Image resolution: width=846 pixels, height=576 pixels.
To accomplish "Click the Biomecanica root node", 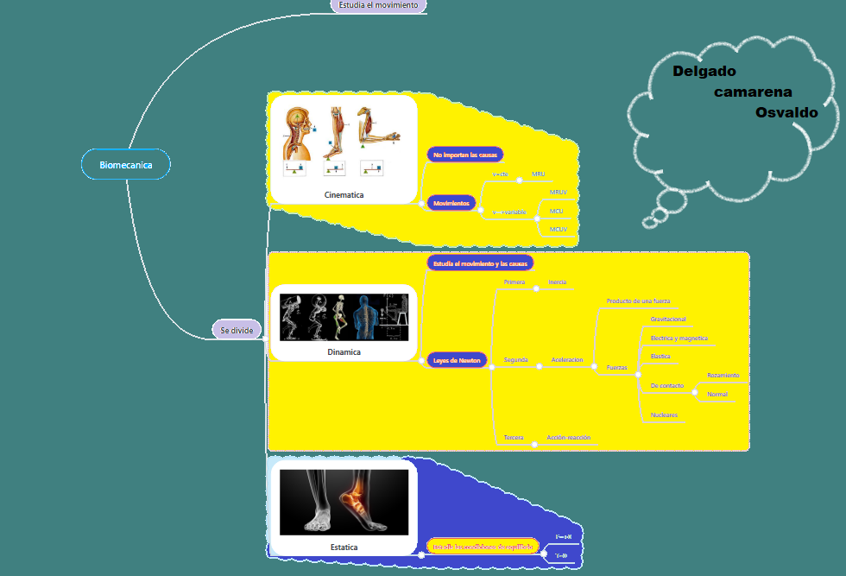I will pyautogui.click(x=125, y=164).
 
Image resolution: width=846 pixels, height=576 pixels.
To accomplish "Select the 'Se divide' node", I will pyautogui.click(x=237, y=330).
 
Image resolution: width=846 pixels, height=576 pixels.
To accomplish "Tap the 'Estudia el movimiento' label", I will pyautogui.click(x=378, y=5).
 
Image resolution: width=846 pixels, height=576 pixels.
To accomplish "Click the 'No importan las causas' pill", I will pyautogui.click(x=465, y=155).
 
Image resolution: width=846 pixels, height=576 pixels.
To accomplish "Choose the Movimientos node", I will pyautogui.click(x=451, y=204).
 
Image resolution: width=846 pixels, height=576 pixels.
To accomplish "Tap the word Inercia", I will pyautogui.click(x=558, y=282).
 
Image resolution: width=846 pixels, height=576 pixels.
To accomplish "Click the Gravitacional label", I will pyautogui.click(x=668, y=320).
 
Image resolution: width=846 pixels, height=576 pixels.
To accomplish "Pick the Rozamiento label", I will pyautogui.click(x=723, y=376).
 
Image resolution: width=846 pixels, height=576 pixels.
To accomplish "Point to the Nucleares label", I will pyautogui.click(x=664, y=415).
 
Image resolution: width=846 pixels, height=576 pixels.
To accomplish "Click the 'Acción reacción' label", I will pyautogui.click(x=568, y=438).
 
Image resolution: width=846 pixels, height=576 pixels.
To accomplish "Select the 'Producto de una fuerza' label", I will pyautogui.click(x=638, y=301).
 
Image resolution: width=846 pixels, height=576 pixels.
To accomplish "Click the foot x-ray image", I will pyautogui.click(x=344, y=502).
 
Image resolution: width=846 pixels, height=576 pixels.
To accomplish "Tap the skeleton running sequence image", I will pyautogui.click(x=344, y=317).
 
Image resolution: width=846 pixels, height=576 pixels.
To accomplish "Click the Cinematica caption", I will pyautogui.click(x=344, y=195).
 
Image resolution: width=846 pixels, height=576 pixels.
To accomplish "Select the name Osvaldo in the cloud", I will pyautogui.click(x=786, y=112).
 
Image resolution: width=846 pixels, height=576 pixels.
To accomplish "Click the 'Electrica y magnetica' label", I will pyautogui.click(x=679, y=339).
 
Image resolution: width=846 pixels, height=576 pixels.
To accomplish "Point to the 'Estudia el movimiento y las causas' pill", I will pyautogui.click(x=480, y=263).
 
